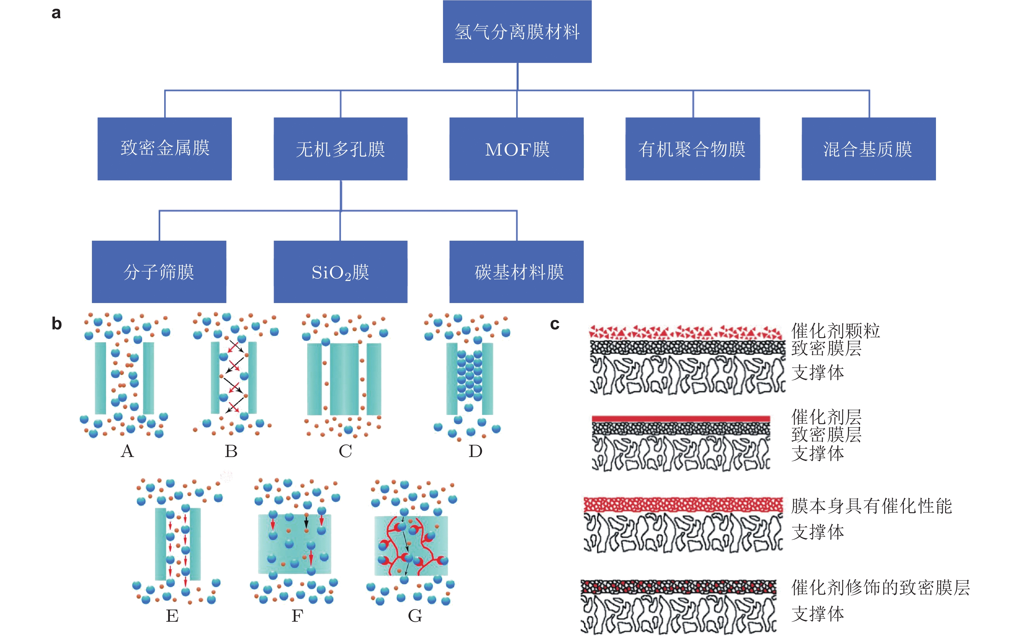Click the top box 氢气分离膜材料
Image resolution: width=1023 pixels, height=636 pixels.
tap(517, 32)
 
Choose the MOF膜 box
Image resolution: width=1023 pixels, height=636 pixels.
tap(516, 148)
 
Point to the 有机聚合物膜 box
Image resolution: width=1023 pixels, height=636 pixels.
tap(692, 148)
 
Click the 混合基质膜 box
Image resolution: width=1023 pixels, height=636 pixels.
tap(868, 148)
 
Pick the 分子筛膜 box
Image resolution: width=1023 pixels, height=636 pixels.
tap(159, 272)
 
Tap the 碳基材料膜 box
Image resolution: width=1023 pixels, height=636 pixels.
tap(516, 272)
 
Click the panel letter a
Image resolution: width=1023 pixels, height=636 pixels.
tap(56, 13)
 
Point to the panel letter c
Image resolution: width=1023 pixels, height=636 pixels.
tap(555, 324)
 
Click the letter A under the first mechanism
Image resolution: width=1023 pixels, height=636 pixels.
tap(127, 452)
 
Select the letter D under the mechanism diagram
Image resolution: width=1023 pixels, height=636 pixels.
tap(475, 452)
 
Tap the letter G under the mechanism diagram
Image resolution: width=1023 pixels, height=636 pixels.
tap(415, 616)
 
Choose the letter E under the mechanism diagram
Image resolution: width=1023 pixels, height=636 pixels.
tap(172, 616)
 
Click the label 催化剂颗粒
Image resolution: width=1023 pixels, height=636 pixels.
tap(836, 331)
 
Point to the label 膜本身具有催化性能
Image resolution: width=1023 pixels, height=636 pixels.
tap(871, 506)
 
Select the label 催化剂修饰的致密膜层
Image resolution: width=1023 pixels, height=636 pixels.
tap(880, 588)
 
